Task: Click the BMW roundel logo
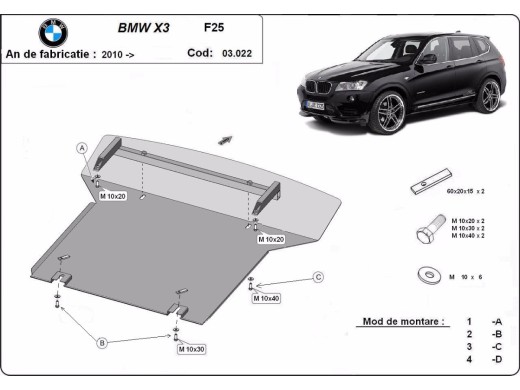[x=53, y=33]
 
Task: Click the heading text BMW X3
[x=145, y=29]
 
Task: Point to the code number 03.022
[x=236, y=53]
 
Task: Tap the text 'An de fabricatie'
[x=50, y=54]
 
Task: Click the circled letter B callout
[x=101, y=343]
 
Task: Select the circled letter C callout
[x=318, y=277]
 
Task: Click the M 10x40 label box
[x=266, y=298]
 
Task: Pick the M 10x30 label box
[x=191, y=349]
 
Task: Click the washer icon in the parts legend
[x=430, y=274]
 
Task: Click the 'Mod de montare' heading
[x=400, y=322]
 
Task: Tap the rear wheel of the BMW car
[x=489, y=96]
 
